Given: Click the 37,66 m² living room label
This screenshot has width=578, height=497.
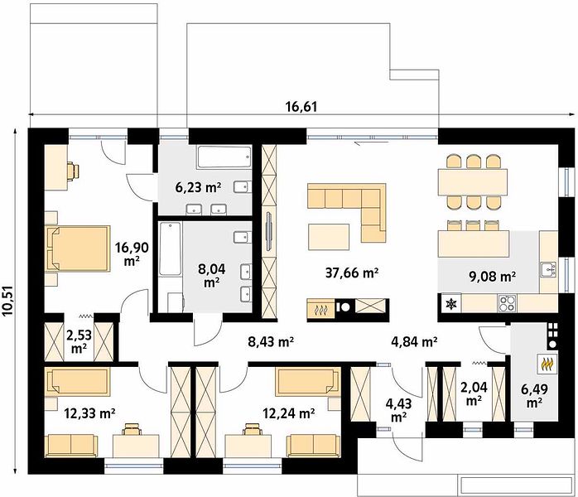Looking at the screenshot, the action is (x=352, y=273).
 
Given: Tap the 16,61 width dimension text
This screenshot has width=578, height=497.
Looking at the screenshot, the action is (x=301, y=107).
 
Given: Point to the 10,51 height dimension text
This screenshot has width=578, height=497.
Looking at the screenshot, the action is (x=7, y=301).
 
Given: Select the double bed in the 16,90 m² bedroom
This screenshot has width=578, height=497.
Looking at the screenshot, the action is (x=78, y=248).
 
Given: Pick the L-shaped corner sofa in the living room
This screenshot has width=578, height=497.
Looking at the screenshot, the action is (x=347, y=213).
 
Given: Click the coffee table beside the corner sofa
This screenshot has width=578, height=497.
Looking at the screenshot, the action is (x=330, y=236).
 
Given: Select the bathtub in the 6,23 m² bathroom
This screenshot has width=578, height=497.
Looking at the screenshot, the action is (x=224, y=158).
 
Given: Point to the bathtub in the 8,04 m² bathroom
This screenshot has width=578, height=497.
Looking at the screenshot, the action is (x=171, y=248).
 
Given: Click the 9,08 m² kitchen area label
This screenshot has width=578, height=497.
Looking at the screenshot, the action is (x=494, y=277).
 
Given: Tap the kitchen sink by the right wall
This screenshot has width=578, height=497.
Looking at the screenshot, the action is (x=548, y=269).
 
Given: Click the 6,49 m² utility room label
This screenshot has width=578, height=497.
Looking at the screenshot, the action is (x=533, y=396).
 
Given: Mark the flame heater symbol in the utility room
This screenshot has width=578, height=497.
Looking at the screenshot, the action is (x=547, y=364).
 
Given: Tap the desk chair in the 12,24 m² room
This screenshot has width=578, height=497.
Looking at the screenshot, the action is (x=253, y=429).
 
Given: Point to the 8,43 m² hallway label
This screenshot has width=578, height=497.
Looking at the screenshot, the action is (x=270, y=342).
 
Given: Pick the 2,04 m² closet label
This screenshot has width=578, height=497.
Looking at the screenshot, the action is (x=474, y=393).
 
